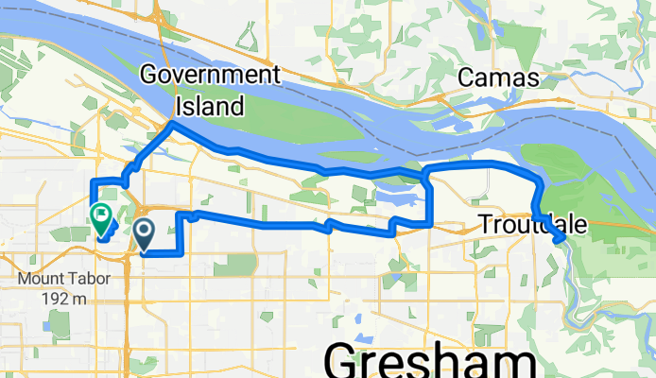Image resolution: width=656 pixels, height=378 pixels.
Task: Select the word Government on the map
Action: pyautogui.click(x=210, y=75)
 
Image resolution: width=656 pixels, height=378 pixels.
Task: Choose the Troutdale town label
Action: pyautogui.click(x=532, y=225)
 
